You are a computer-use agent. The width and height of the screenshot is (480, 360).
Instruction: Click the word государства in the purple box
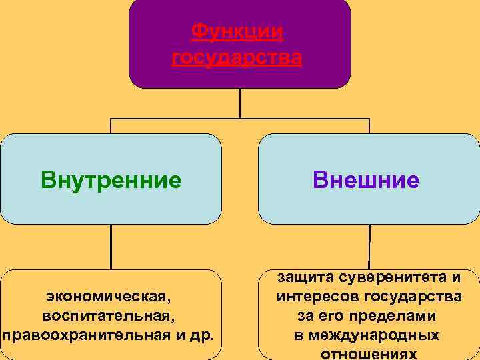(237, 59)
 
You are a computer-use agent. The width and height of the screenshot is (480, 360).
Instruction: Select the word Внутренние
(111, 179)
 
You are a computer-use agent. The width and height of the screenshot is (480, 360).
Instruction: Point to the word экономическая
(110, 294)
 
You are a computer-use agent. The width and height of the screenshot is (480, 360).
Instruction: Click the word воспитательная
(110, 314)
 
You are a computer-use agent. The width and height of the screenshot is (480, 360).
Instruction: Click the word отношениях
(369, 353)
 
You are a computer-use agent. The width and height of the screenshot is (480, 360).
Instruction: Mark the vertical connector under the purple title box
(240, 103)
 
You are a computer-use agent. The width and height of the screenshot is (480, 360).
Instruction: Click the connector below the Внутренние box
(111, 247)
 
